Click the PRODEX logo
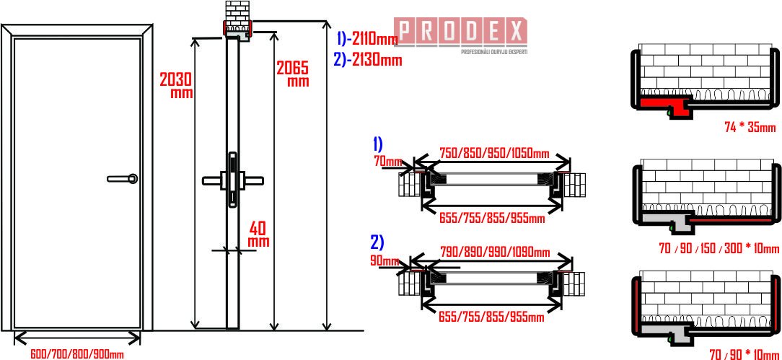pos(460,32)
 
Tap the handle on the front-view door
pos(123,178)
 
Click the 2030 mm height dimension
pos(176,85)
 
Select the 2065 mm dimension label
pos(293,74)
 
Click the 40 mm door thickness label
pos(259,235)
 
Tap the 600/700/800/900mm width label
pos(76,354)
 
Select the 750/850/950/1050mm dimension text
pos(494,152)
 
